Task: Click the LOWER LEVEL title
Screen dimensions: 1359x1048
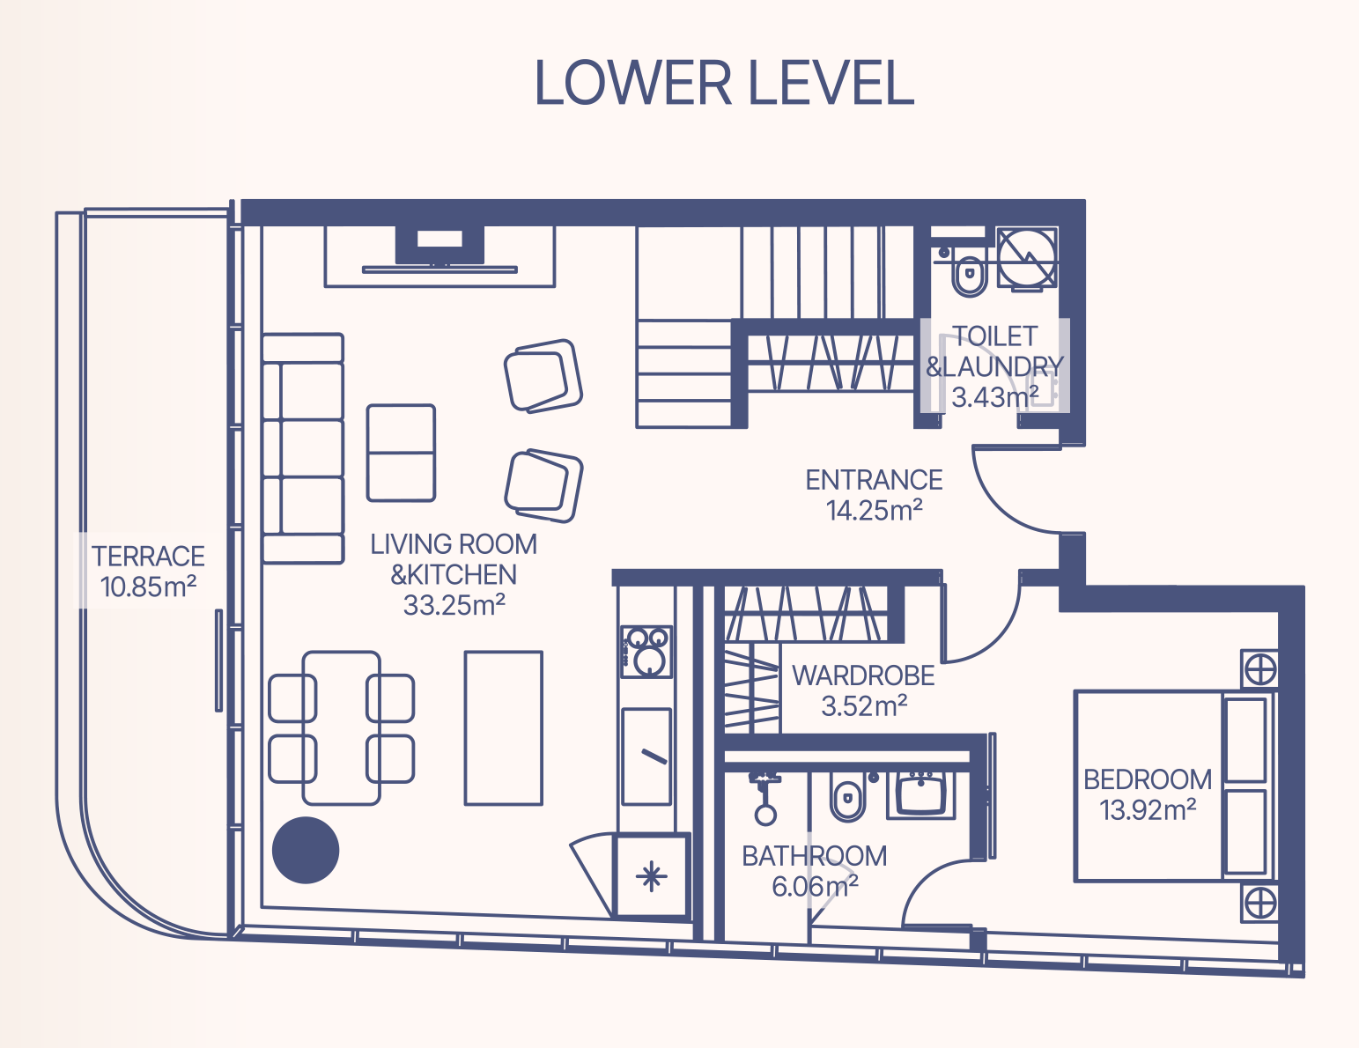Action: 724,83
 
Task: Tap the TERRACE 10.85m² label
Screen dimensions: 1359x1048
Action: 148,572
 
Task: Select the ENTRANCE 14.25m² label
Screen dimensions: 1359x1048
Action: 874,495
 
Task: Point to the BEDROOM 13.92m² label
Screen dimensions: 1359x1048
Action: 1148,794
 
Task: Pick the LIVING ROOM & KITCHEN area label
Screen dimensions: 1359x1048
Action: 454,575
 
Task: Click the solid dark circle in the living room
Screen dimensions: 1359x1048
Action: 306,850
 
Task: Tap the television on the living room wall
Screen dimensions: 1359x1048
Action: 439,249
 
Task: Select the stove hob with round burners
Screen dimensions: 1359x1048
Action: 646,652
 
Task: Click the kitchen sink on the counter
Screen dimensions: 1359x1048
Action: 646,756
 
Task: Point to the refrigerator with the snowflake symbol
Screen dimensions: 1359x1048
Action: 651,875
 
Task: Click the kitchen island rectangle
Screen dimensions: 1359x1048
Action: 503,727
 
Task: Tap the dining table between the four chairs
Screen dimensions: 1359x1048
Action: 342,727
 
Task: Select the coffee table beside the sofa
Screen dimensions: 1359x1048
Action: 401,453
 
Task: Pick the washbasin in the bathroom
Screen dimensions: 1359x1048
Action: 920,794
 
